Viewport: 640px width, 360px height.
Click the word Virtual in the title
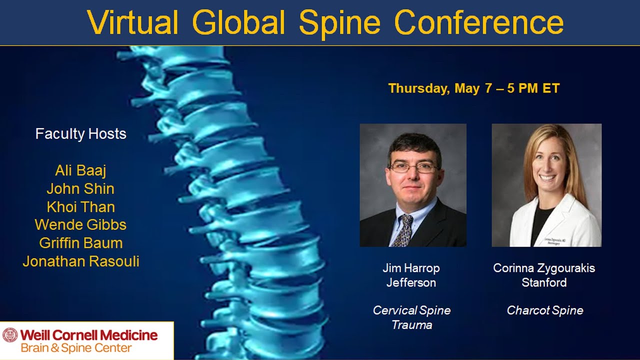pos(132,22)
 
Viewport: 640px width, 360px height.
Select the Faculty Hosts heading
pos(80,134)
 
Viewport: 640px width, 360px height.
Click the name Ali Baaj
pos(80,170)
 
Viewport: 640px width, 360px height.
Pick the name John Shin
pos(80,188)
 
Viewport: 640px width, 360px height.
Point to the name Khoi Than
pos(80,207)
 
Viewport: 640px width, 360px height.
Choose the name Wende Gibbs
pos(80,225)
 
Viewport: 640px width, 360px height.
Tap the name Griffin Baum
pos(80,243)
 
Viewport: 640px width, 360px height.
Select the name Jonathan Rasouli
pos(80,261)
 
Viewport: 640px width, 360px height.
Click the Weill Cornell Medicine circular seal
pos(10,335)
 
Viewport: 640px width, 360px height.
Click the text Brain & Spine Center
pos(76,348)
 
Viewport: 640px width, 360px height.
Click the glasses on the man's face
pos(413,167)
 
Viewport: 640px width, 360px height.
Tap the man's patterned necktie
pos(403,230)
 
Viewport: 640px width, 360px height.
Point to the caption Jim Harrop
pos(411,268)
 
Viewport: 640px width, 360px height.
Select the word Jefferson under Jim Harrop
pos(411,282)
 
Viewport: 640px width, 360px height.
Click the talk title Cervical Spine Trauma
pos(411,317)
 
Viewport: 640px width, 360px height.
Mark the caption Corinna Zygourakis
pos(544,268)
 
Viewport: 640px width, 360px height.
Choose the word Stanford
pos(544,282)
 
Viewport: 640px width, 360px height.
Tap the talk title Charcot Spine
pos(544,310)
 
